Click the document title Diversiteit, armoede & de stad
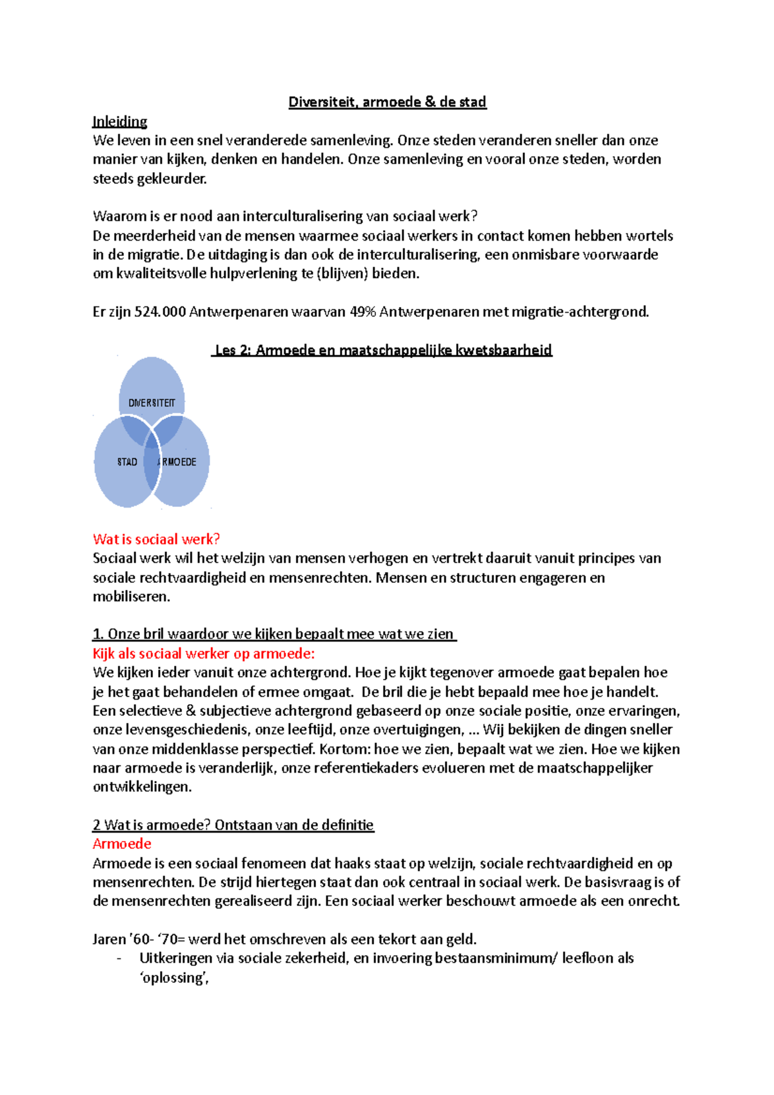[387, 102]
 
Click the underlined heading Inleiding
[120, 121]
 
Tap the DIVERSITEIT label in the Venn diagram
[152, 403]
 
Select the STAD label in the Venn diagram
[127, 462]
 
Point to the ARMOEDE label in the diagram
[177, 462]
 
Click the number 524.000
[160, 312]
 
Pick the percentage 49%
[362, 312]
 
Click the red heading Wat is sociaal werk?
[157, 539]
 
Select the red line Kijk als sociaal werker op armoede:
[204, 653]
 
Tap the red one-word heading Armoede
[122, 843]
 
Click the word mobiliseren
[132, 597]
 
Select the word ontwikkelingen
[142, 787]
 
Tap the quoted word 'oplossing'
[174, 978]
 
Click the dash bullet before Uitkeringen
[119, 959]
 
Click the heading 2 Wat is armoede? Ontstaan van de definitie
[233, 825]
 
